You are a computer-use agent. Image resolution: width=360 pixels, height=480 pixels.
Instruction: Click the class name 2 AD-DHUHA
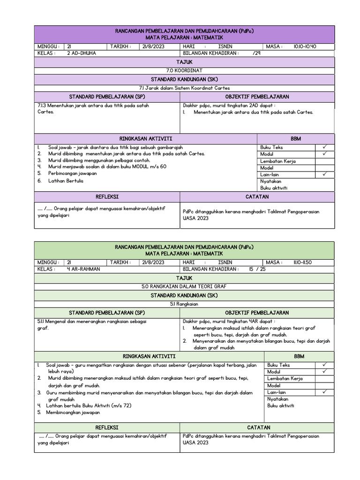pyautogui.click(x=81, y=53)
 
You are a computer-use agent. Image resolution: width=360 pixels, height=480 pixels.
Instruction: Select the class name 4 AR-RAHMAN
pyautogui.click(x=83, y=269)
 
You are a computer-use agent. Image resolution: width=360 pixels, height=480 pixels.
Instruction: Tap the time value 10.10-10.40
pyautogui.click(x=305, y=47)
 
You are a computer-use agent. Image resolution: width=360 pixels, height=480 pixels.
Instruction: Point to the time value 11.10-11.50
pyautogui.click(x=305, y=262)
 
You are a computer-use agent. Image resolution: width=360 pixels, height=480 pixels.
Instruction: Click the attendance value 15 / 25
pyautogui.click(x=257, y=269)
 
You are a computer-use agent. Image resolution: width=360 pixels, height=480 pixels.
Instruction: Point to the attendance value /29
pyautogui.click(x=256, y=53)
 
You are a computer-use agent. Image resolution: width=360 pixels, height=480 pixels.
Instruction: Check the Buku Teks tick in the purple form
pyautogui.click(x=324, y=147)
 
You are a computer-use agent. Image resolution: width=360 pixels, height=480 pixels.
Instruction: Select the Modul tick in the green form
pyautogui.click(x=324, y=372)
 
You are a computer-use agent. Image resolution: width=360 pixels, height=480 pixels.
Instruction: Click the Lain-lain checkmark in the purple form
pyautogui.click(x=324, y=174)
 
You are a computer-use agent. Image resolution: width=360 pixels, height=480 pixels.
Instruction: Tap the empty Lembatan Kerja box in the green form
pyautogui.click(x=324, y=378)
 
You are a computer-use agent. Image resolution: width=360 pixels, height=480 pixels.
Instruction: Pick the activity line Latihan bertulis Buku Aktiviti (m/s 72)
pyautogui.click(x=85, y=405)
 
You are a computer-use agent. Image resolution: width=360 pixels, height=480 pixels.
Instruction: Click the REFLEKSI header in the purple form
pyautogui.click(x=107, y=197)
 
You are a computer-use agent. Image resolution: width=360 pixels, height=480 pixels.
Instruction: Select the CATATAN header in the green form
pyautogui.click(x=257, y=427)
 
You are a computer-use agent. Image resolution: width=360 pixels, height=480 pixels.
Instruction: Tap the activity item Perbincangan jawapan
pyautogui.click(x=72, y=173)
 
